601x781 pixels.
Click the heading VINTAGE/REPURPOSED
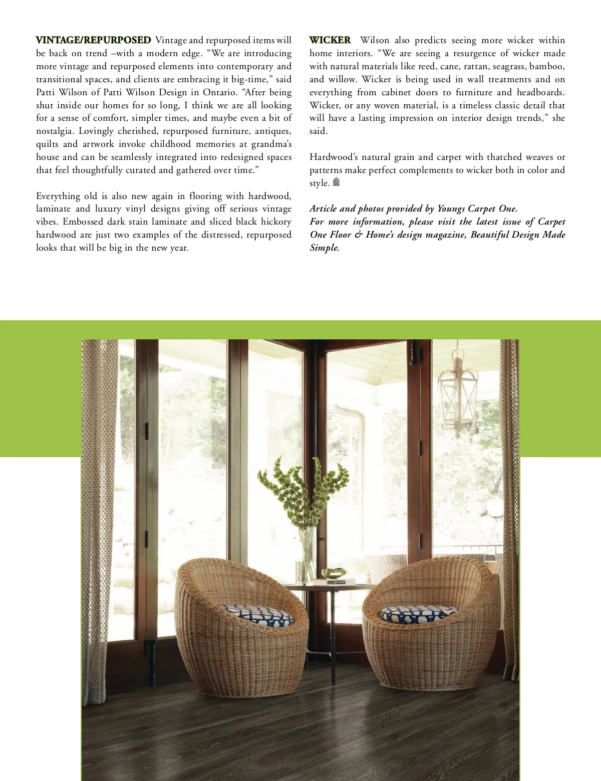pyautogui.click(x=93, y=40)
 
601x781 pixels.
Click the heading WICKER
pyautogui.click(x=330, y=40)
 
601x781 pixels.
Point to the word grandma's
pyautogui.click(x=271, y=144)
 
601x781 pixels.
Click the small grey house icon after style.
pyautogui.click(x=337, y=182)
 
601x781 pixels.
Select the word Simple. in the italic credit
pyautogui.click(x=325, y=248)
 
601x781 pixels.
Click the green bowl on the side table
pyautogui.click(x=334, y=573)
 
